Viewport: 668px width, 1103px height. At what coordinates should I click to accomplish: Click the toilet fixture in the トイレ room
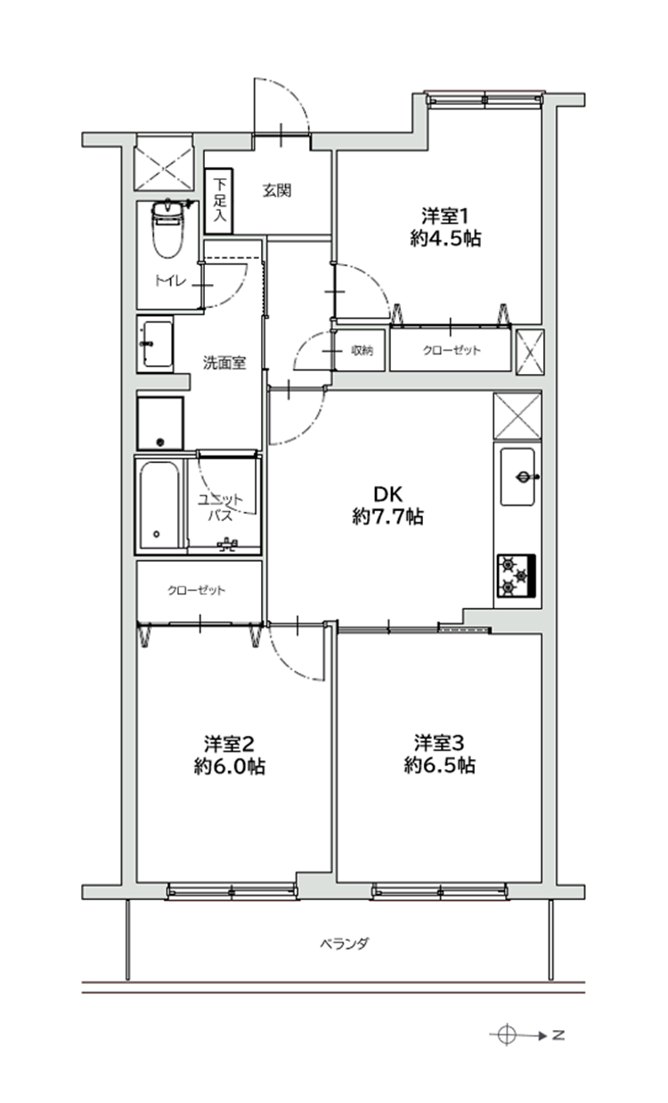pyautogui.click(x=167, y=229)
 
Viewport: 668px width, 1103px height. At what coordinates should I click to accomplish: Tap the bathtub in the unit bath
pyautogui.click(x=159, y=505)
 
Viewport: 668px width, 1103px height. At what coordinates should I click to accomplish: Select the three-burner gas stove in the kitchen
pyautogui.click(x=517, y=575)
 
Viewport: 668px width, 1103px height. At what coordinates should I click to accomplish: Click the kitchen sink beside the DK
pyautogui.click(x=517, y=476)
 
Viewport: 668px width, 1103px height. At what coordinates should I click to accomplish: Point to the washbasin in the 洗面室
pyautogui.click(x=156, y=345)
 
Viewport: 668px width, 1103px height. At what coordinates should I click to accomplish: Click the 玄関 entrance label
pyautogui.click(x=277, y=191)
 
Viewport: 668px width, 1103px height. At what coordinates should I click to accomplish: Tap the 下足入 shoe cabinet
pyautogui.click(x=219, y=201)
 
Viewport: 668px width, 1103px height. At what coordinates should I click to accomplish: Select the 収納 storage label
pyautogui.click(x=362, y=350)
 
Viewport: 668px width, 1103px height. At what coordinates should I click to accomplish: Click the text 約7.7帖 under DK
pyautogui.click(x=387, y=516)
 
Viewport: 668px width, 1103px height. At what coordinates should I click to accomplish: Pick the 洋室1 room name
pyautogui.click(x=444, y=215)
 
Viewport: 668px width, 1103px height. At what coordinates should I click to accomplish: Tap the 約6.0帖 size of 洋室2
pyautogui.click(x=230, y=766)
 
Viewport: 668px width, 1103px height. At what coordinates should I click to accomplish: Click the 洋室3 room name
pyautogui.click(x=439, y=742)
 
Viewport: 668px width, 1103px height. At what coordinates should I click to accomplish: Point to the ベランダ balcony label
pyautogui.click(x=345, y=942)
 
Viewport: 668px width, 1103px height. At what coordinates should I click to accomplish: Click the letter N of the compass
pyautogui.click(x=558, y=1034)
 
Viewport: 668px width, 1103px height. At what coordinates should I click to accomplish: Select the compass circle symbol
pyautogui.click(x=507, y=1034)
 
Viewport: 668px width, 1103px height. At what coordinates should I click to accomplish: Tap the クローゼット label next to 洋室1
pyautogui.click(x=452, y=350)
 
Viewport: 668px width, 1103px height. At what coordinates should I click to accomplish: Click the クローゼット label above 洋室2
pyautogui.click(x=197, y=589)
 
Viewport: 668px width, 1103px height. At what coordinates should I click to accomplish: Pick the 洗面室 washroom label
pyautogui.click(x=224, y=363)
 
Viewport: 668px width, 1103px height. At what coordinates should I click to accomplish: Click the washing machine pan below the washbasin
pyautogui.click(x=160, y=423)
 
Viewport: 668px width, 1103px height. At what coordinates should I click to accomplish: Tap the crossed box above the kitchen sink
pyautogui.click(x=517, y=416)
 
